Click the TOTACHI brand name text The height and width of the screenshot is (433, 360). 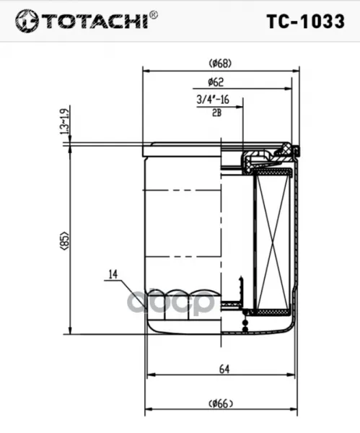pos(95,22)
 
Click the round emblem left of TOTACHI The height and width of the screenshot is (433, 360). pos(27,21)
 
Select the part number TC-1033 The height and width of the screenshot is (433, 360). pos(306,21)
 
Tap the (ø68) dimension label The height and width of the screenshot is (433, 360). pos(220,64)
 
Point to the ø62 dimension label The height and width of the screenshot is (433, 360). pos(216,82)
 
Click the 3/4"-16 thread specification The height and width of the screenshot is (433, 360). pos(213,100)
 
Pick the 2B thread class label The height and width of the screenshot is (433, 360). pos(216,113)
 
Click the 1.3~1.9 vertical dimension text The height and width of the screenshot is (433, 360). pos(64,122)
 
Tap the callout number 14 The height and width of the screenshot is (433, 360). pos(113,274)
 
